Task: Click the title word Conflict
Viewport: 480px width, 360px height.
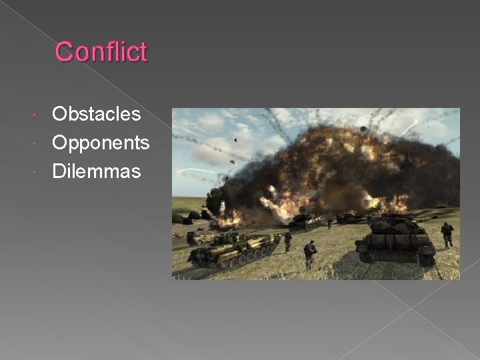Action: pyautogui.click(x=101, y=52)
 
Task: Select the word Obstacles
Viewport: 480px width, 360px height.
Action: pyautogui.click(x=97, y=114)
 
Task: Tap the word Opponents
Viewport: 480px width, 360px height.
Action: pyautogui.click(x=101, y=143)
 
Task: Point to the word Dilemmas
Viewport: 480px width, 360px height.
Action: pyautogui.click(x=97, y=171)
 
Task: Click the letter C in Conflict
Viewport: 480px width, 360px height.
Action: pyautogui.click(x=63, y=52)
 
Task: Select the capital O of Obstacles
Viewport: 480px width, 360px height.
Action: pyautogui.click(x=60, y=114)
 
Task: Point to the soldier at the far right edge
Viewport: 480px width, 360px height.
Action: pyautogui.click(x=447, y=233)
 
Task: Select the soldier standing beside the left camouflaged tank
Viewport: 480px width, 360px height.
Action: pyautogui.click(x=288, y=240)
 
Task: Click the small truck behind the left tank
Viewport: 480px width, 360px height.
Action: pyautogui.click(x=197, y=237)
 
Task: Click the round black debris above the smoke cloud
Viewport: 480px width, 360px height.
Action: pyautogui.click(x=363, y=128)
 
